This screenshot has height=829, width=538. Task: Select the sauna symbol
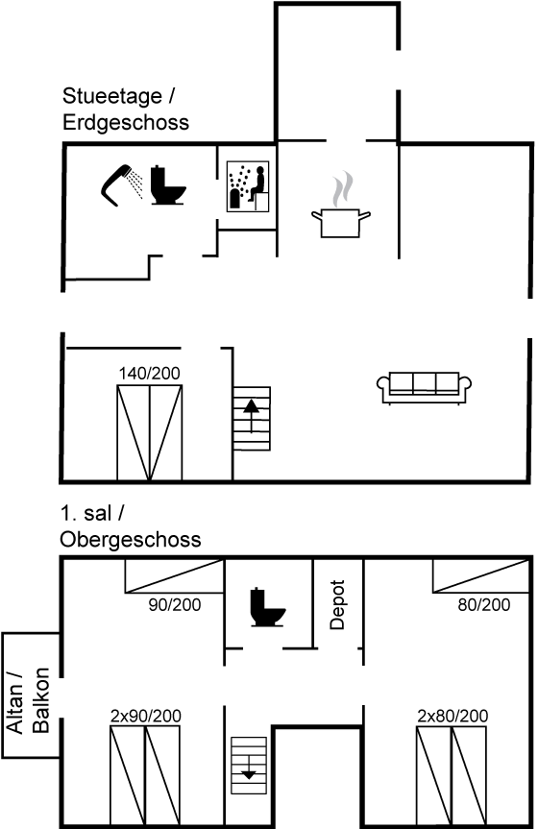[248, 186]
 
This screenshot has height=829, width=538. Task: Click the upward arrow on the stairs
[252, 415]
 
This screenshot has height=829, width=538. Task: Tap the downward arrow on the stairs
[249, 767]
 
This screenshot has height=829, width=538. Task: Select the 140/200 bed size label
[149, 374]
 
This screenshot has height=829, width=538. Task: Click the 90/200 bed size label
[175, 604]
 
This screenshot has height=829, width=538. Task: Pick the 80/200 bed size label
[484, 604]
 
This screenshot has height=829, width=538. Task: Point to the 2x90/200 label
[145, 716]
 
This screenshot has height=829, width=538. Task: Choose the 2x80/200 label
[452, 716]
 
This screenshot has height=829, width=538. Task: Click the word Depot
[337, 604]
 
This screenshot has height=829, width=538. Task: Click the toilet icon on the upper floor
[267, 607]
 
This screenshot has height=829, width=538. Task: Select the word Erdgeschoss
[126, 123]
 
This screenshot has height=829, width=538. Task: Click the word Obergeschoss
[131, 540]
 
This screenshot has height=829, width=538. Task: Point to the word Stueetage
[112, 96]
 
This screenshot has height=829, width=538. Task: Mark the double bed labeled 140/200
[150, 433]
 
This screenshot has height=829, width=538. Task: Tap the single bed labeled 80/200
[480, 576]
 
